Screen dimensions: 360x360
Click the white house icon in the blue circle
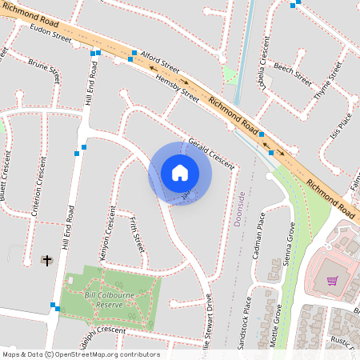(179, 172)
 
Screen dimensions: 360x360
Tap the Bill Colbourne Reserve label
(115, 300)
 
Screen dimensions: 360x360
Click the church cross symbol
(46, 260)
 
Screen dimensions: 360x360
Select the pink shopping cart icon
(332, 281)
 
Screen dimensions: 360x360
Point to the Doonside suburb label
(240, 210)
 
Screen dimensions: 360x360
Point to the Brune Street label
(44, 71)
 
